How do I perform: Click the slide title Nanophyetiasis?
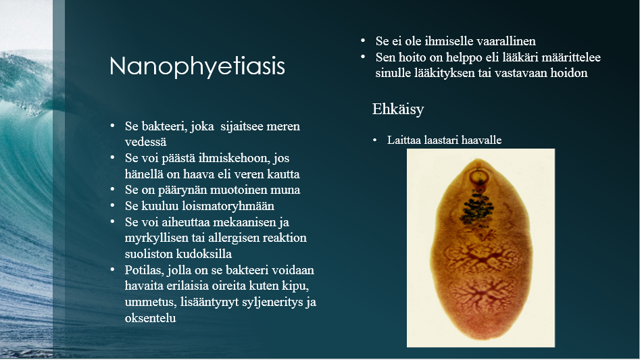coord(197,66)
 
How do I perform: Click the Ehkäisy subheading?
coord(398,109)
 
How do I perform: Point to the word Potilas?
coord(144,269)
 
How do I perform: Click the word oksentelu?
coord(150,317)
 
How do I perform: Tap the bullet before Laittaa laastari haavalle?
coord(374,140)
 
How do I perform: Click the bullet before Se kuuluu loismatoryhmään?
coord(112,206)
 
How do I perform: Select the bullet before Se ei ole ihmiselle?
coord(363,41)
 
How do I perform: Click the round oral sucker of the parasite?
coord(480,179)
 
